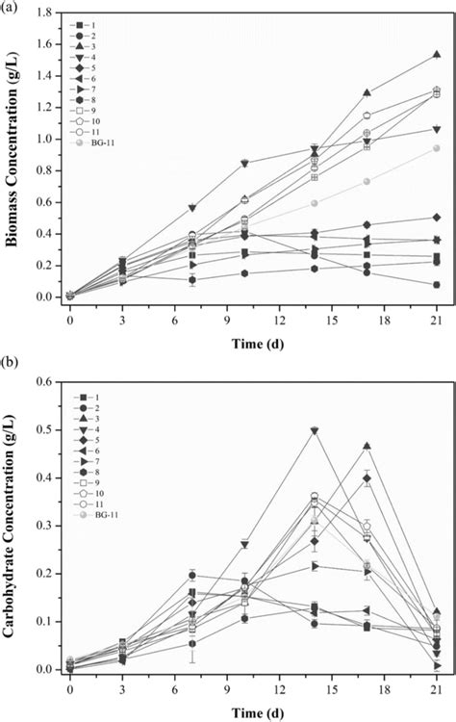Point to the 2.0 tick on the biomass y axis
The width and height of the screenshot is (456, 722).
pyautogui.click(x=47, y=14)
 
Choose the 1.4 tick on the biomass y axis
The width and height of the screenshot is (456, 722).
pyautogui.click(x=47, y=99)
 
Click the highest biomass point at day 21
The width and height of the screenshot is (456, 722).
pyautogui.click(x=436, y=55)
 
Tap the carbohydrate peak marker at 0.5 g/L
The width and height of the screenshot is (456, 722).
pyautogui.click(x=314, y=430)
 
